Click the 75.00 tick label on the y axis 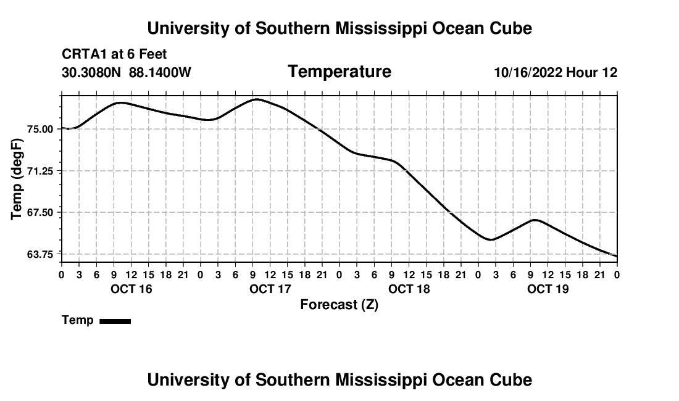click(x=40, y=130)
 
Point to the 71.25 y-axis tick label click(x=40, y=172)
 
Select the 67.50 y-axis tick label click(x=40, y=213)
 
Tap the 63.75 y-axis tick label click(x=40, y=254)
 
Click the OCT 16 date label click(x=131, y=289)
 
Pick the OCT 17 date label click(x=270, y=289)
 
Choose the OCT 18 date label click(x=409, y=289)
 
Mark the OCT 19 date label click(x=548, y=289)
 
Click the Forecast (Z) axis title click(x=339, y=305)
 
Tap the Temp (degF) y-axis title click(x=17, y=179)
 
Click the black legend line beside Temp click(x=115, y=321)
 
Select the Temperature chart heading click(x=339, y=72)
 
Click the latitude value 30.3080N click(x=91, y=72)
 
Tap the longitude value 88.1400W click(x=160, y=72)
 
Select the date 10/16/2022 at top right click(x=528, y=72)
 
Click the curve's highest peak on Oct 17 click(x=256, y=99)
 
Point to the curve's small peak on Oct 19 click(x=535, y=220)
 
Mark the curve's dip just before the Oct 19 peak click(x=491, y=239)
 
